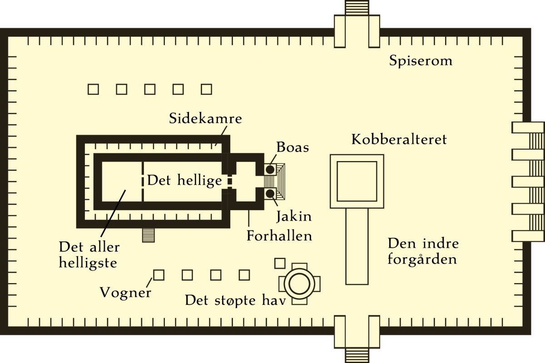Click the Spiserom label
pyautogui.click(x=421, y=61)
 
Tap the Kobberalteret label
pyautogui.click(x=399, y=139)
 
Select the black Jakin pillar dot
pyautogui.click(x=270, y=194)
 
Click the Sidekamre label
pyautogui.click(x=205, y=119)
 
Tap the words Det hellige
pyautogui.click(x=184, y=181)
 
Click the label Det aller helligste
pyautogui.click(x=89, y=255)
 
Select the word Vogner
pyautogui.click(x=125, y=293)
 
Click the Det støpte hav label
pyautogui.click(x=235, y=300)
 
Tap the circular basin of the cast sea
pyautogui.click(x=300, y=284)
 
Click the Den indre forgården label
pyautogui.click(x=422, y=251)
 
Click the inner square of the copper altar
pyautogui.click(x=357, y=181)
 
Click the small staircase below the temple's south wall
pyautogui.click(x=149, y=235)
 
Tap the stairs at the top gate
pyautogui.click(x=357, y=8)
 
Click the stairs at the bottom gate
pyautogui.click(x=357, y=355)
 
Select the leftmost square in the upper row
pyautogui.click(x=93, y=89)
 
